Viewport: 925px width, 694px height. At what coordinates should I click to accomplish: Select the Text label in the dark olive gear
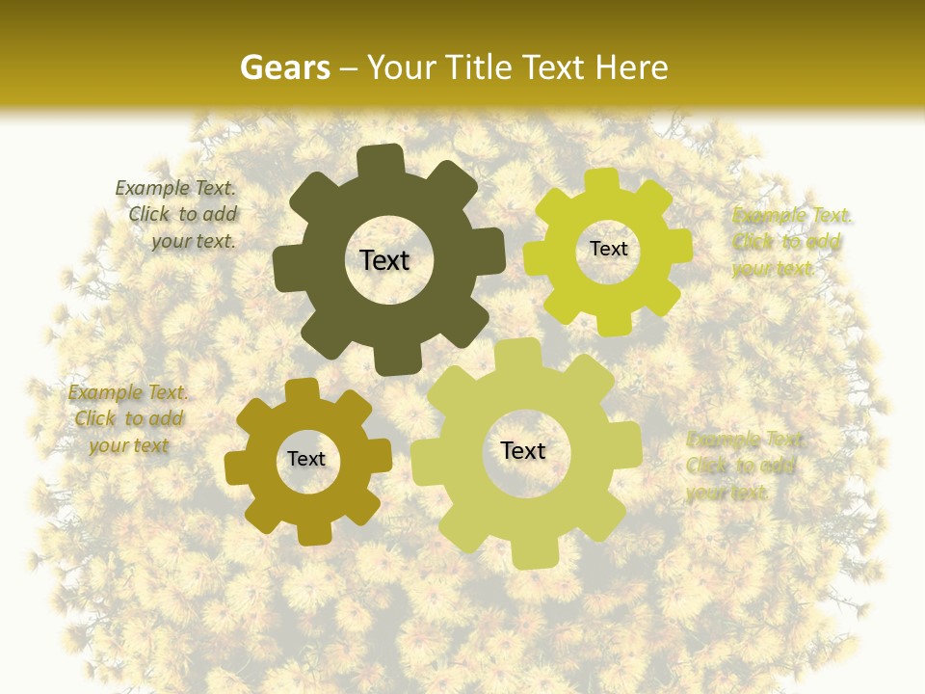click(384, 260)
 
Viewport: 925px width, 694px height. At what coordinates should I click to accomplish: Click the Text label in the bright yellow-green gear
click(608, 249)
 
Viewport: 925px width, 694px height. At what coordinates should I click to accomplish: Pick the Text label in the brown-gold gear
click(306, 459)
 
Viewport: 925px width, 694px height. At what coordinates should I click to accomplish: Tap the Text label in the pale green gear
click(523, 450)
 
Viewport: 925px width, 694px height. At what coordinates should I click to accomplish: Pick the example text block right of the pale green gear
click(742, 467)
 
